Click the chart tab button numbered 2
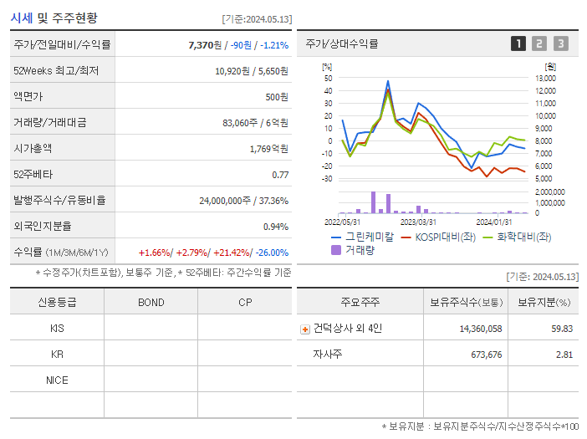click(x=539, y=43)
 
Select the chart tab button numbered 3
click(x=560, y=43)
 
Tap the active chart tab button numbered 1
click(x=518, y=43)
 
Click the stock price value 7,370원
click(x=207, y=44)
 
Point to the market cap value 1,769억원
click(x=268, y=148)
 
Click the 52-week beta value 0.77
click(x=280, y=174)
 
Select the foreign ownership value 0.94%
click(x=275, y=226)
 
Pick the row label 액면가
click(x=28, y=96)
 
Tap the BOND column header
click(x=151, y=302)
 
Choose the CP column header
click(x=245, y=302)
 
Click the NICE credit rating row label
click(x=57, y=380)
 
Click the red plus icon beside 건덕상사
click(x=305, y=329)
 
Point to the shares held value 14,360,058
click(x=481, y=329)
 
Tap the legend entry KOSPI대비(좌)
click(x=443, y=236)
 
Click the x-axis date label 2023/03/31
click(x=418, y=222)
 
